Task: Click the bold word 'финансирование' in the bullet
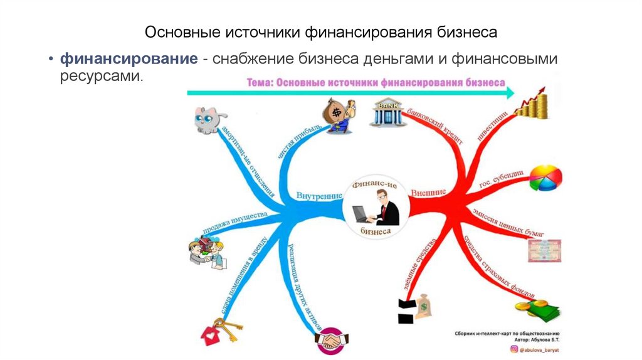point(129,60)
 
